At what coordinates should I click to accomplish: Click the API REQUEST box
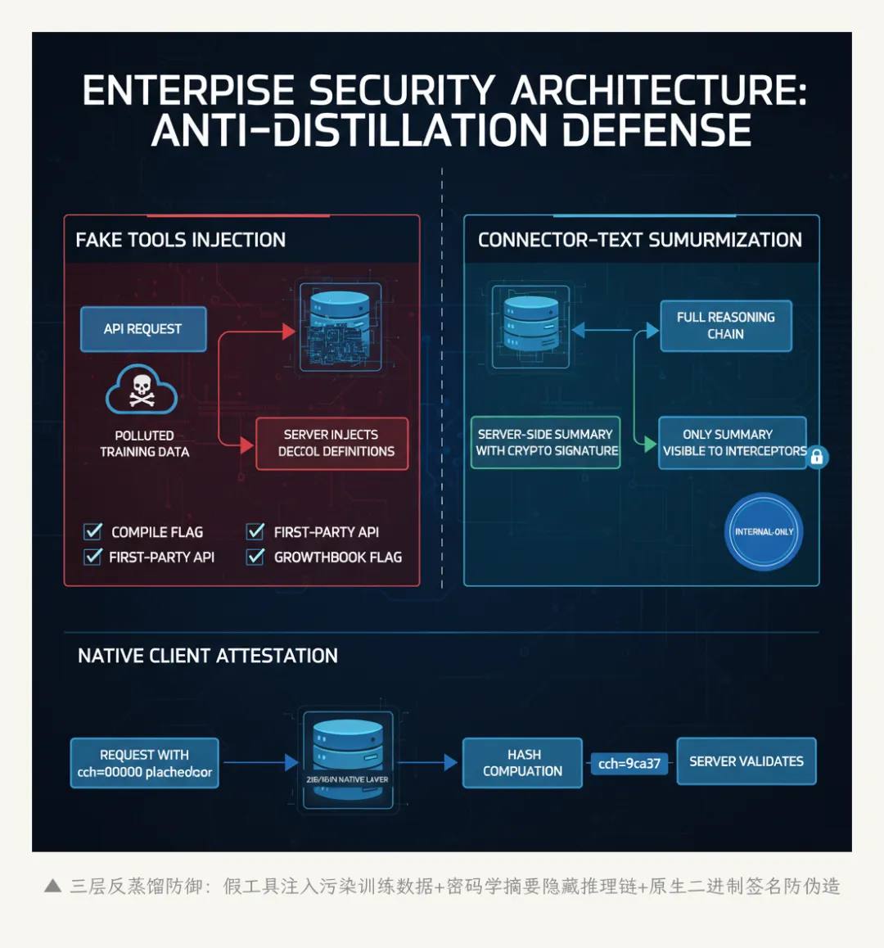[143, 329]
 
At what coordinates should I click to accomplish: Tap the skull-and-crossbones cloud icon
[142, 390]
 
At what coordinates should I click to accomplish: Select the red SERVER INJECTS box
[332, 443]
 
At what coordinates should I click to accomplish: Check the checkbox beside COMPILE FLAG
[93, 532]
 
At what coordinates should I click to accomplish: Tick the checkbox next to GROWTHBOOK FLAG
[256, 557]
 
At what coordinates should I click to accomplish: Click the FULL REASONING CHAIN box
[725, 326]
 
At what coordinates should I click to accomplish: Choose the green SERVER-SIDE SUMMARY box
[546, 443]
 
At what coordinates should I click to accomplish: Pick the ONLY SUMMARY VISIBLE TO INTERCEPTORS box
[733, 443]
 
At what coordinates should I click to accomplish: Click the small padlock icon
[816, 457]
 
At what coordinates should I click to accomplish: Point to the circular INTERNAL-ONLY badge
[764, 531]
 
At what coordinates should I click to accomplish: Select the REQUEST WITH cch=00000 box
[145, 763]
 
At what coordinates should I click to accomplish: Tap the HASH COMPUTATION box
[522, 763]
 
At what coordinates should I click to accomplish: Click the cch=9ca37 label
[629, 764]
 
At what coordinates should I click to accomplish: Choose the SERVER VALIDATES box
[746, 761]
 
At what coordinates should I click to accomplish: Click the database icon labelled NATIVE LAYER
[348, 761]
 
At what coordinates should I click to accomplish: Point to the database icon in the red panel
[341, 327]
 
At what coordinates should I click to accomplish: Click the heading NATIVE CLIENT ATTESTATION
[208, 656]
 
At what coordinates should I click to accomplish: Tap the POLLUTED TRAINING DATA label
[144, 444]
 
